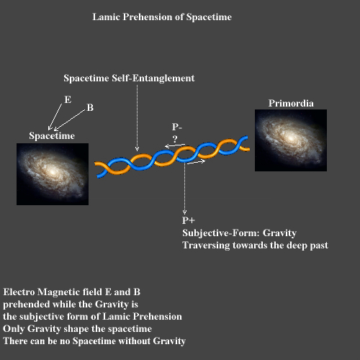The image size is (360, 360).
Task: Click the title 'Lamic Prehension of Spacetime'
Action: (162, 17)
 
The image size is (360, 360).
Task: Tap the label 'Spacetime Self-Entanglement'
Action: (129, 78)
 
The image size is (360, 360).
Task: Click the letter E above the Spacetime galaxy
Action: (68, 99)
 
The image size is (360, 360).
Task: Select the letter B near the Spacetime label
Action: (90, 107)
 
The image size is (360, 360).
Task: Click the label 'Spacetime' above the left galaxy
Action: (52, 136)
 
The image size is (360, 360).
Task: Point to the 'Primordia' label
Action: (291, 103)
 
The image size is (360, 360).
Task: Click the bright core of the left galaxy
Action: (53, 172)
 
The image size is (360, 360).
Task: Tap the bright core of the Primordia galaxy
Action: (291, 138)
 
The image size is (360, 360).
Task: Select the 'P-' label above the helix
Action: (177, 127)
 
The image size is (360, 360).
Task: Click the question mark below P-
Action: (175, 139)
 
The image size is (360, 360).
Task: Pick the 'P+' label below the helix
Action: (189, 220)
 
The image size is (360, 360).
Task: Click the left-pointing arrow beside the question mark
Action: (175, 145)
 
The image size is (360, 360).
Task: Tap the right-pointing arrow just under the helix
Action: (196, 162)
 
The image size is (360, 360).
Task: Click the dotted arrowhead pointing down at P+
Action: (184, 212)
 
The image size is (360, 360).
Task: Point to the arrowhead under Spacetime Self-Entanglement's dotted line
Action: (137, 149)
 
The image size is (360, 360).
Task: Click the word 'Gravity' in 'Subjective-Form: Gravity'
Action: (279, 233)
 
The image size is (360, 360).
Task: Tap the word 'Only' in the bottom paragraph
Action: (14, 329)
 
